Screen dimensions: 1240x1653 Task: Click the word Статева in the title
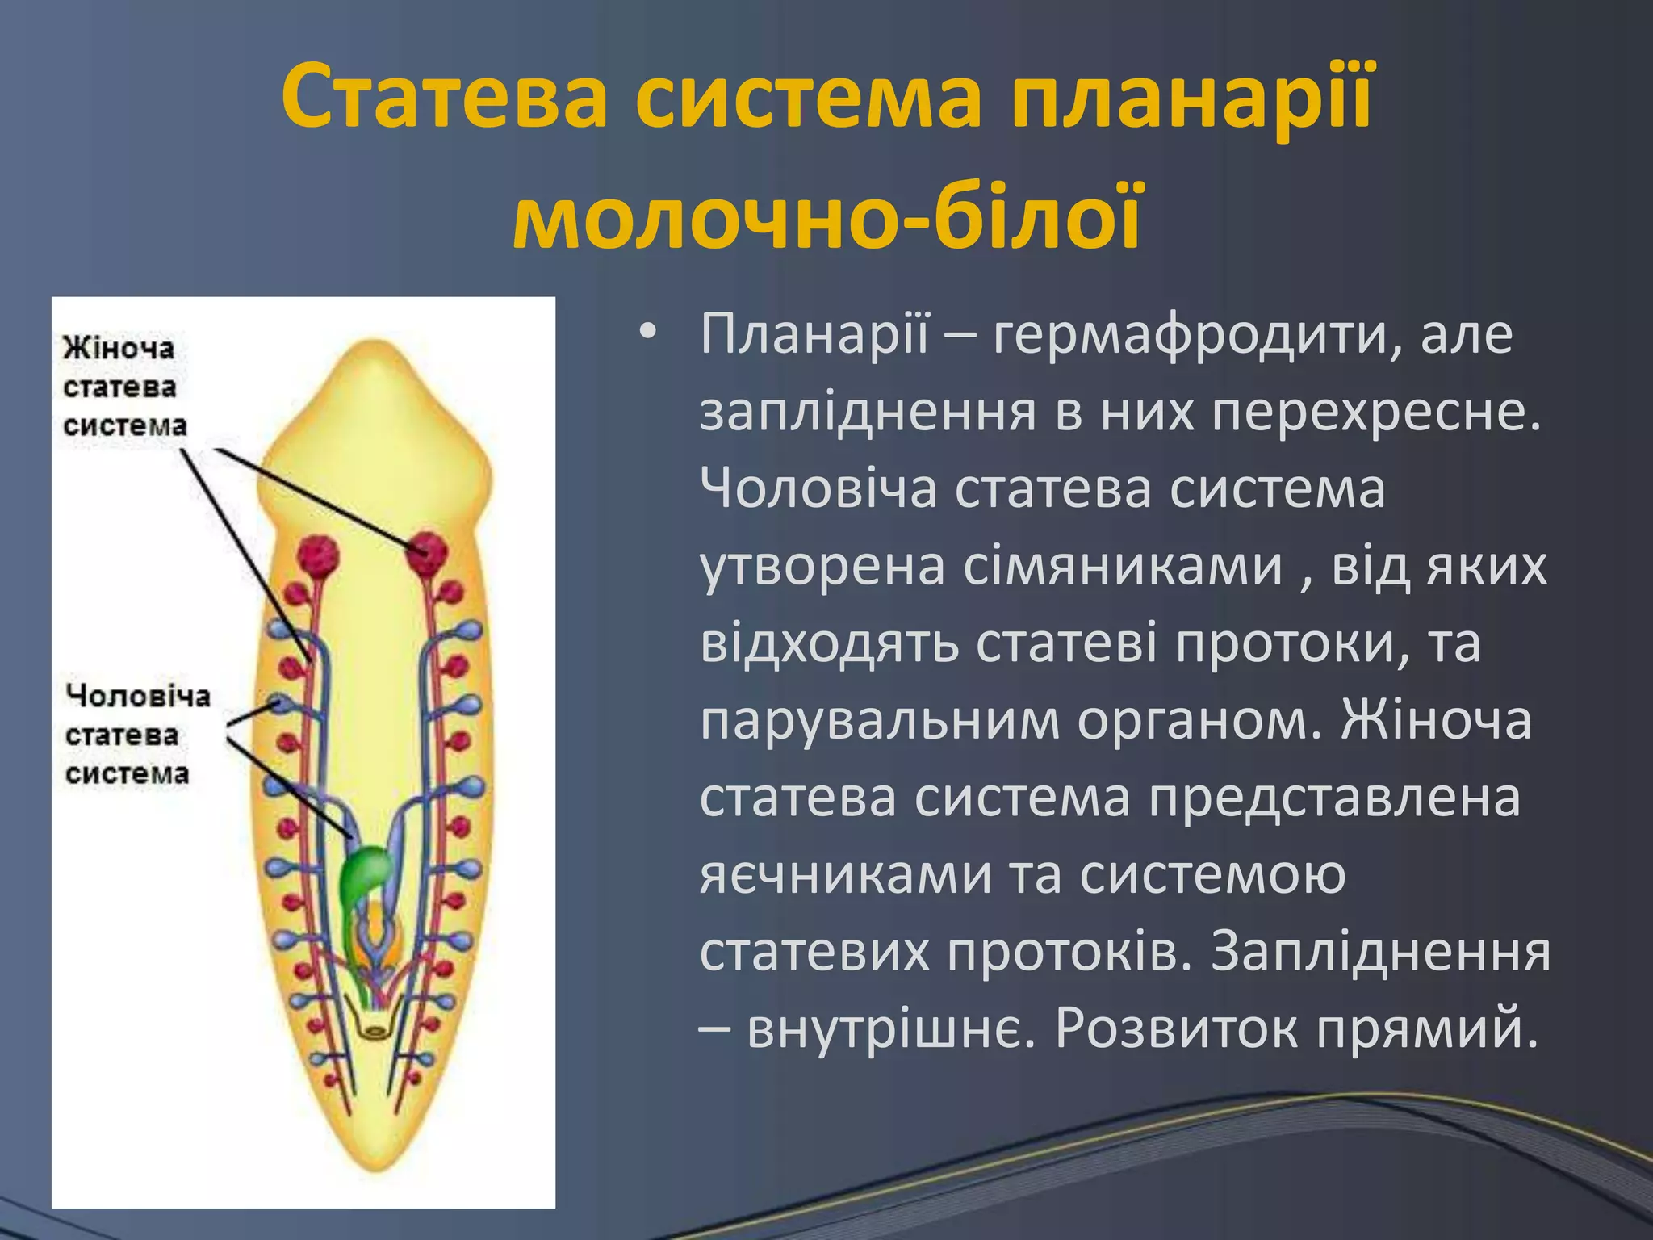(444, 98)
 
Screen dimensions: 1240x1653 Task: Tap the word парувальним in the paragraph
(879, 721)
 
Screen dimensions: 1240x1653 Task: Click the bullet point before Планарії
(647, 333)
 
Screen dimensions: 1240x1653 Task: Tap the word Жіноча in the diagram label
(119, 348)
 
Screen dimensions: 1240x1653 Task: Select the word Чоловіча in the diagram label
(138, 696)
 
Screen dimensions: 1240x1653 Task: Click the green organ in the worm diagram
(365, 873)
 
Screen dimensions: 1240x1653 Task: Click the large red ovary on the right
(426, 551)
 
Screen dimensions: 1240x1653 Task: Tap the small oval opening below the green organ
(375, 1031)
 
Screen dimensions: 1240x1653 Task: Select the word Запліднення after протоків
(1380, 953)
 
